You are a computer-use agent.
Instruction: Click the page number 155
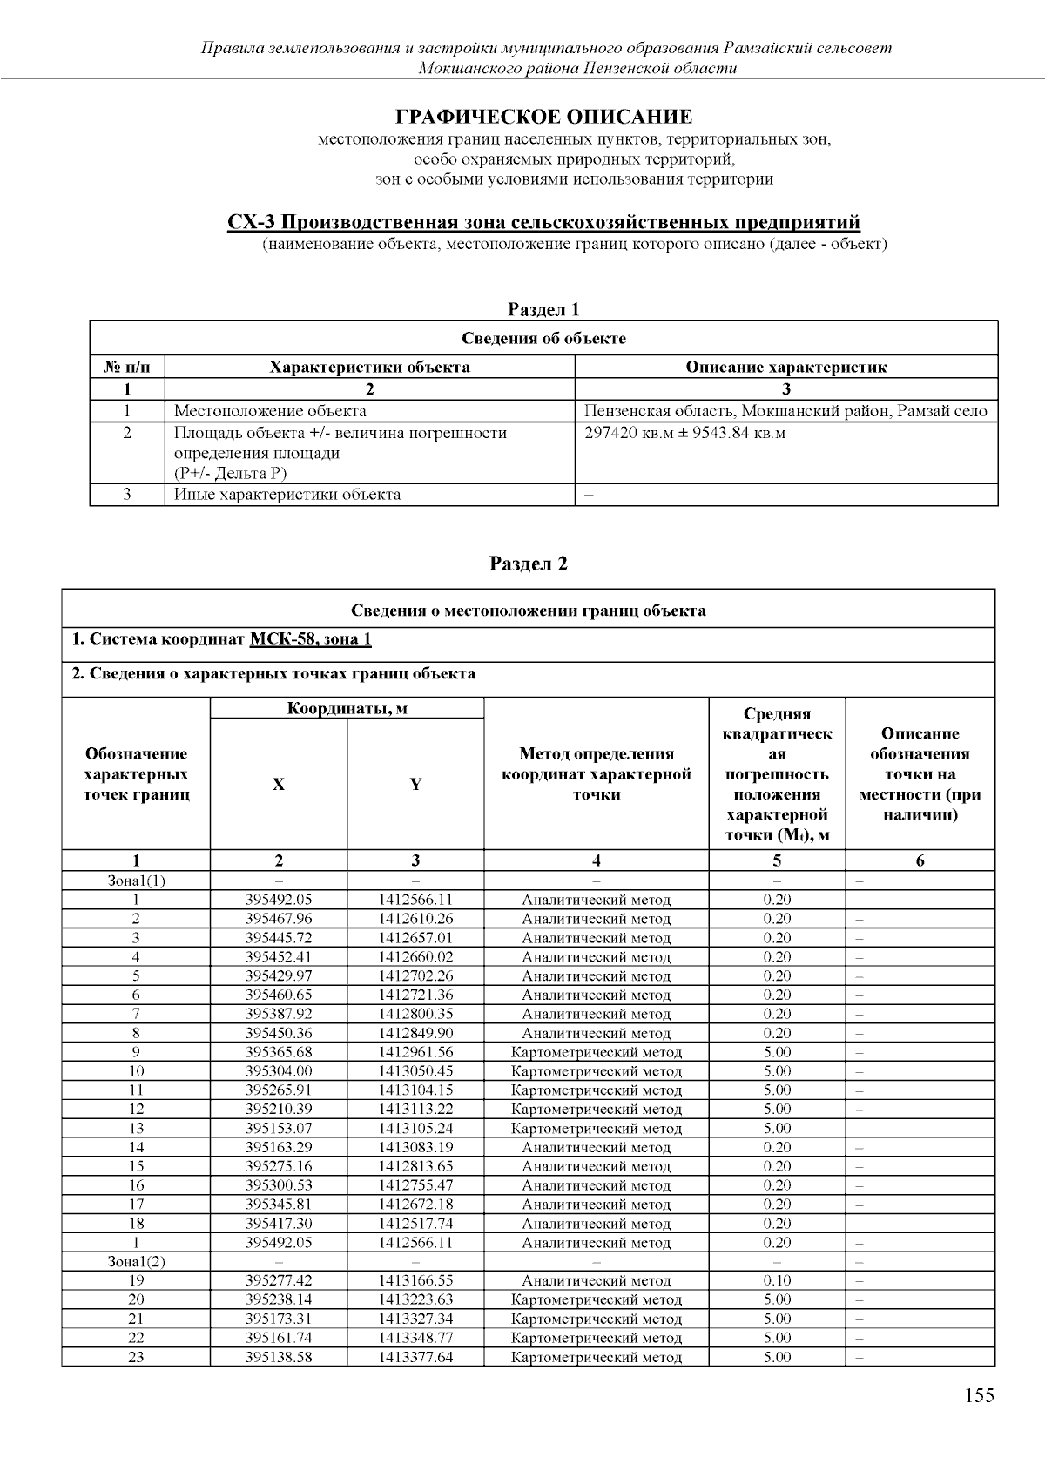[x=979, y=1396]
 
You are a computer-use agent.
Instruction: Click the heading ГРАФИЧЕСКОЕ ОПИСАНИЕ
[x=544, y=117]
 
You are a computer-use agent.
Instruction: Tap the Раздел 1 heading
[x=543, y=309]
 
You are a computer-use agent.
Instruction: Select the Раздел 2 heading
[x=529, y=564]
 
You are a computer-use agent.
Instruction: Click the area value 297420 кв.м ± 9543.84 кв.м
[x=684, y=433]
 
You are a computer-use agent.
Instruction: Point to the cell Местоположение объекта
[x=270, y=411]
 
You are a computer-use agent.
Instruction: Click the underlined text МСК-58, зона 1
[x=310, y=640]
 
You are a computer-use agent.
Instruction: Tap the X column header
[x=278, y=784]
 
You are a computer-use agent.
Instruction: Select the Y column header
[x=415, y=784]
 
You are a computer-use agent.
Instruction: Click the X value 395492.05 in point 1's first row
[x=279, y=900]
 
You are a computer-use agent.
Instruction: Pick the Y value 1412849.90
[x=415, y=1033]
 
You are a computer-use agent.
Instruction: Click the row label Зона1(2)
[x=136, y=1262]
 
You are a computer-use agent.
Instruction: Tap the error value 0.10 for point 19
[x=777, y=1280]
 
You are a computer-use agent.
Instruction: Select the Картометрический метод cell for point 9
[x=597, y=1052]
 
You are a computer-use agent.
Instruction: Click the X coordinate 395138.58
[x=279, y=1357]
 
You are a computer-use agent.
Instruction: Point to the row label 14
[x=136, y=1147]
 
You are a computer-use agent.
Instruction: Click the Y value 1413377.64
[x=415, y=1357]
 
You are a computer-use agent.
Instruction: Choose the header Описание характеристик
[x=785, y=367]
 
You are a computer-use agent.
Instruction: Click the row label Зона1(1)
[x=136, y=881]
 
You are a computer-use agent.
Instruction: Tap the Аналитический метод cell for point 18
[x=597, y=1224]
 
